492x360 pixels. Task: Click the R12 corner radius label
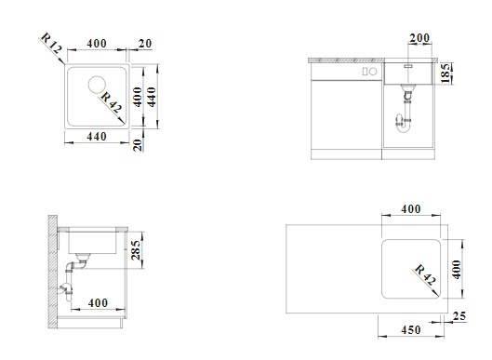coord(51,43)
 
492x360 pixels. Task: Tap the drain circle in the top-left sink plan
coord(97,85)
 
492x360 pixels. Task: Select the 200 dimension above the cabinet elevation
coord(419,38)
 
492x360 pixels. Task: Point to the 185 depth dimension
coord(445,73)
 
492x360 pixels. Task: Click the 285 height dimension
coord(136,250)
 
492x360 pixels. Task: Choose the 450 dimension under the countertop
coord(411,330)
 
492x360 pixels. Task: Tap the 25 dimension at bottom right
coord(459,316)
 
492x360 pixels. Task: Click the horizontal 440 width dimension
coord(97,137)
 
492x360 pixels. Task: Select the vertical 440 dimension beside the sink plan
coord(152,97)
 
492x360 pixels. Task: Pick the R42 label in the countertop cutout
coord(425,275)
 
